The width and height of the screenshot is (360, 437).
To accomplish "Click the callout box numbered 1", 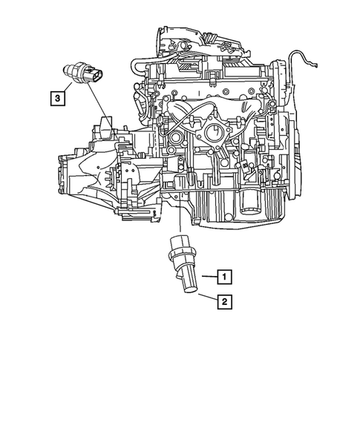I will pyautogui.click(x=225, y=277).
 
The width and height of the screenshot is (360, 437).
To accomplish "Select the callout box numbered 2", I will pyautogui.click(x=225, y=301).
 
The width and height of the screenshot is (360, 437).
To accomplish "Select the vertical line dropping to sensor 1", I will pyautogui.click(x=180, y=220).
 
